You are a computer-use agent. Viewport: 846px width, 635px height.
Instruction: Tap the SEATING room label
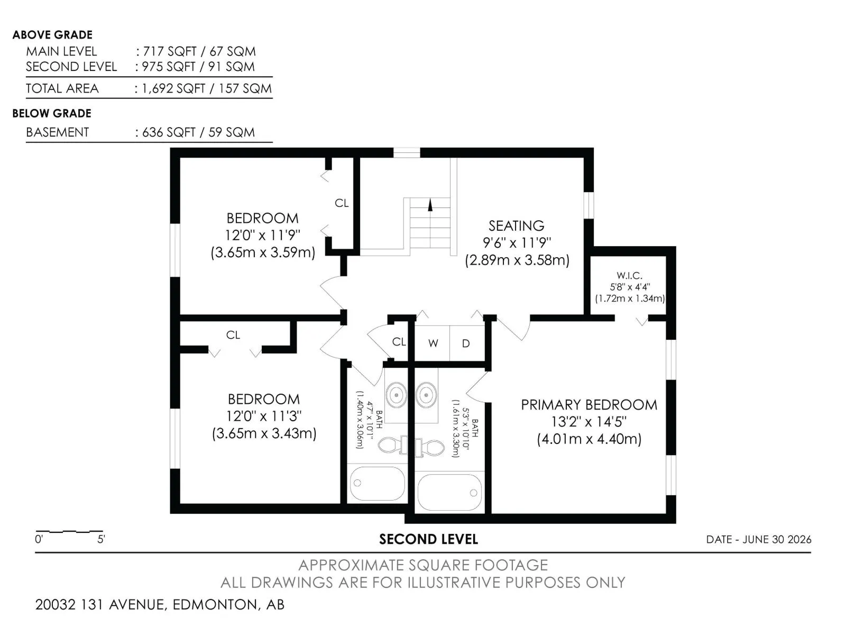(517, 225)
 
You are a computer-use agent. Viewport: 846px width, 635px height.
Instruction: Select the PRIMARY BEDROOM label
(589, 405)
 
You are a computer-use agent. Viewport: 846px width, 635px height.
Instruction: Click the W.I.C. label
(629, 276)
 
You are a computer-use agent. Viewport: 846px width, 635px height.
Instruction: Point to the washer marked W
(433, 343)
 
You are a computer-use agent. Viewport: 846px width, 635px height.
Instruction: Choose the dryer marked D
(466, 343)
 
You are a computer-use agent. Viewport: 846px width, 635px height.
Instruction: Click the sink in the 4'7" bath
(396, 395)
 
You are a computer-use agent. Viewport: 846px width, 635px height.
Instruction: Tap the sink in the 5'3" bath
(426, 395)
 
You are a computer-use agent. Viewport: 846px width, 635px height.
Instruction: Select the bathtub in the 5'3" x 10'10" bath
(449, 493)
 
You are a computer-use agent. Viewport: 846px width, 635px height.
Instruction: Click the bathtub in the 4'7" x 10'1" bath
(378, 484)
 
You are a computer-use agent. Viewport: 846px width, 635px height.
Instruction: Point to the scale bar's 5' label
(101, 539)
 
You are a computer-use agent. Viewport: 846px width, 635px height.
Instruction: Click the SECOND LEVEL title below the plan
(429, 539)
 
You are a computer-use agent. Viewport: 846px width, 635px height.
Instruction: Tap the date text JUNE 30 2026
(777, 539)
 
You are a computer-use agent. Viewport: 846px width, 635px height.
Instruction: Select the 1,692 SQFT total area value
(173, 88)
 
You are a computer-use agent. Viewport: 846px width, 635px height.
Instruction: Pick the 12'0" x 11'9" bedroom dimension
(262, 235)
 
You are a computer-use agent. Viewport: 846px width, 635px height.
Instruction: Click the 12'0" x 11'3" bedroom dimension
(264, 416)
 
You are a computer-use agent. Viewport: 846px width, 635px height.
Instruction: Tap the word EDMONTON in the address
(215, 604)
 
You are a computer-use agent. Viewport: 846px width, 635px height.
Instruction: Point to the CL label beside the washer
(399, 342)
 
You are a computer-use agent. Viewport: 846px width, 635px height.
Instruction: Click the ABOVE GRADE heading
(52, 35)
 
